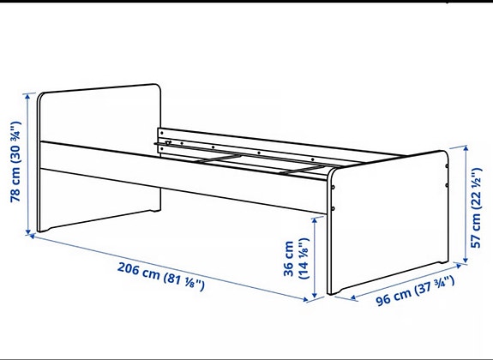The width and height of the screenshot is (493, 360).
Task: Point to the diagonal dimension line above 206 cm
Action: click(171, 267)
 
